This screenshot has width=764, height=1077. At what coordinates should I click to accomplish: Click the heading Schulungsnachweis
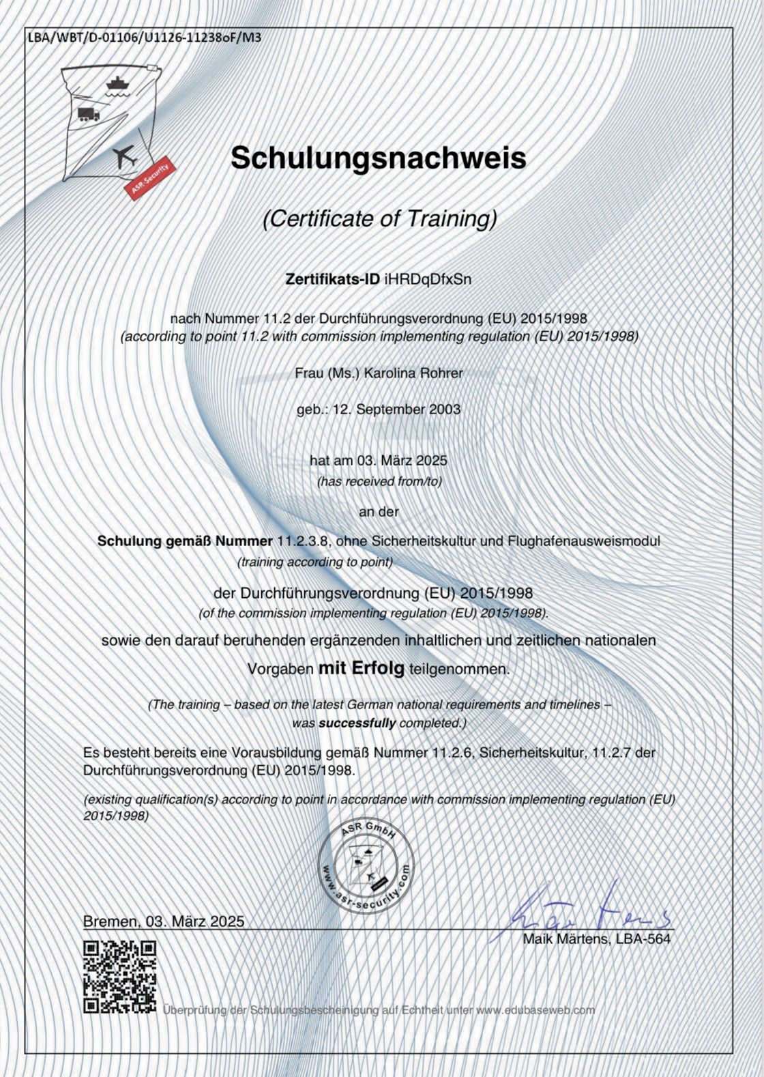(379, 158)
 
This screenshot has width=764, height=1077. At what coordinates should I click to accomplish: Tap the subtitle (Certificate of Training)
(380, 218)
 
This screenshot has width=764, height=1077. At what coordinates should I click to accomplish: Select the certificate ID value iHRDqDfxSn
(428, 279)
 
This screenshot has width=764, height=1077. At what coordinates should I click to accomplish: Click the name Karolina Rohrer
(413, 373)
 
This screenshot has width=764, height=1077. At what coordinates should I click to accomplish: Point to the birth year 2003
(445, 410)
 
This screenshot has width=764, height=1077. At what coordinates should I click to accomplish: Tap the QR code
(120, 977)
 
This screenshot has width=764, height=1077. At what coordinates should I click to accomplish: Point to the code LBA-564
(643, 939)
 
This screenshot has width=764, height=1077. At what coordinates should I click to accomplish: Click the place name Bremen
(109, 921)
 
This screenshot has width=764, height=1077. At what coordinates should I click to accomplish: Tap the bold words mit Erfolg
(362, 668)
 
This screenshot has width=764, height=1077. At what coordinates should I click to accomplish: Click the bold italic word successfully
(357, 723)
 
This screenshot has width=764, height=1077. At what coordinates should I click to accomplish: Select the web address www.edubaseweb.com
(535, 1009)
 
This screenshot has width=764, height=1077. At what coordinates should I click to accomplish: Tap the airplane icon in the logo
(125, 156)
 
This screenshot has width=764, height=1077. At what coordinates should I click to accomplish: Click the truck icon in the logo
(89, 114)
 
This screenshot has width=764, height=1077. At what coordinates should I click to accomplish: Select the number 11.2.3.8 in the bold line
(303, 541)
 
